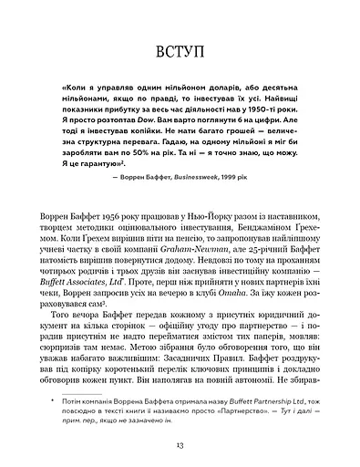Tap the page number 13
pos(180,444)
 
